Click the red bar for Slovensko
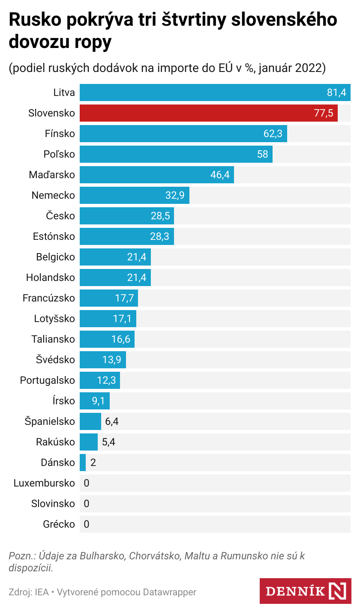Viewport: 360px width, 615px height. tap(208, 113)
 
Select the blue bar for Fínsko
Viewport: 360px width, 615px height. tap(183, 134)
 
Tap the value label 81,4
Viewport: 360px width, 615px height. tap(336, 93)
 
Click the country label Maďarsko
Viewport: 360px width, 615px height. tap(52, 175)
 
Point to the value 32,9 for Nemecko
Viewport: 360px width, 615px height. tap(174, 195)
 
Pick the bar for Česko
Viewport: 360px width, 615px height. tap(126, 216)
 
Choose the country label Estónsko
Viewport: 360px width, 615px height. tap(54, 236)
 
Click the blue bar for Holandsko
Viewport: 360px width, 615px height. tap(115, 278)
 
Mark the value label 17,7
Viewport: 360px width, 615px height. tap(124, 298)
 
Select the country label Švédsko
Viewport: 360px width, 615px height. tap(55, 360)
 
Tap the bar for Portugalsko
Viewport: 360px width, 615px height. tap(99, 380)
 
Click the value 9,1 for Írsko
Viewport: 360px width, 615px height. tap(98, 401)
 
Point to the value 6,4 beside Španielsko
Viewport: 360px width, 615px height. tap(111, 421)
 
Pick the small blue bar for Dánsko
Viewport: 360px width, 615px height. tap(83, 463)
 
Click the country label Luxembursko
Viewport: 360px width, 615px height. tap(44, 483)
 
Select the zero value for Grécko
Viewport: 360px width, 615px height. tap(87, 524)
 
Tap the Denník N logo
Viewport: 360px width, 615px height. tap(305, 591)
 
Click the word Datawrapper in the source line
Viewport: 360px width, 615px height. tap(169, 592)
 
